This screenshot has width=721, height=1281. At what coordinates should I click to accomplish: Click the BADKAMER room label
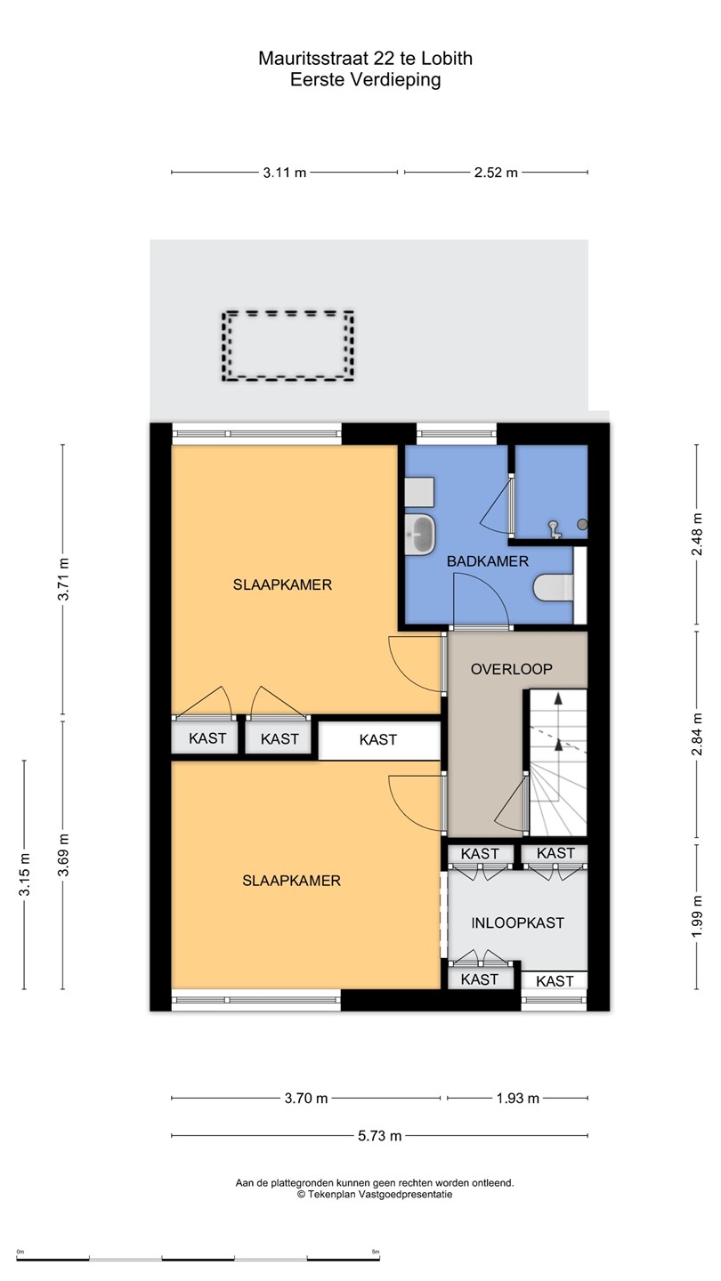(x=488, y=561)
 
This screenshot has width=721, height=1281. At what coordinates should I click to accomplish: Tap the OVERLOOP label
(x=512, y=669)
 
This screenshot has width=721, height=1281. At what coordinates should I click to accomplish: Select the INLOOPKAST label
(x=518, y=922)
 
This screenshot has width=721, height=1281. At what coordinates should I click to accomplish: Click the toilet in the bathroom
(x=554, y=588)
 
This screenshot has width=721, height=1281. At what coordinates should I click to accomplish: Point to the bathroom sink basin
(x=420, y=534)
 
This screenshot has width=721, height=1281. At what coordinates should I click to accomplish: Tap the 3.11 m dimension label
(x=285, y=173)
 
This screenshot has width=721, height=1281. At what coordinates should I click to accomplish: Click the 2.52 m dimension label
(x=496, y=173)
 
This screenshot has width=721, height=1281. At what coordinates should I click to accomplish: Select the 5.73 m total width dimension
(x=379, y=1136)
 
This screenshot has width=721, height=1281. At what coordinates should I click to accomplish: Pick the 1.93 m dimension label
(x=517, y=1098)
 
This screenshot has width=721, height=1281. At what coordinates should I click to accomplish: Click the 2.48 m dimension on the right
(x=697, y=534)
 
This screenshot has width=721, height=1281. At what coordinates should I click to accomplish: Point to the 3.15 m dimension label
(x=24, y=874)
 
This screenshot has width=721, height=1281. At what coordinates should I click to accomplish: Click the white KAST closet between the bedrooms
(x=379, y=740)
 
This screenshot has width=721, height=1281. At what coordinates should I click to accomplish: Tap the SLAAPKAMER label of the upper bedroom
(x=282, y=584)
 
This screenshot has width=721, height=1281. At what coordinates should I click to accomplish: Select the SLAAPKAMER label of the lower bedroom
(x=291, y=880)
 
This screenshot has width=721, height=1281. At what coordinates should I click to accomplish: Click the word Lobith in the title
(x=447, y=59)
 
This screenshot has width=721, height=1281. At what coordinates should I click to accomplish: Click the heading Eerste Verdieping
(x=366, y=79)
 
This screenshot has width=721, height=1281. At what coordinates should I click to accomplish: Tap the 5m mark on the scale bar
(x=376, y=1252)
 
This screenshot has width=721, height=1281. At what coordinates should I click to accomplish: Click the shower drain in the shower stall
(x=582, y=524)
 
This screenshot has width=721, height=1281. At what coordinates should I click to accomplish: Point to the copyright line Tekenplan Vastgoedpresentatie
(x=375, y=1194)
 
